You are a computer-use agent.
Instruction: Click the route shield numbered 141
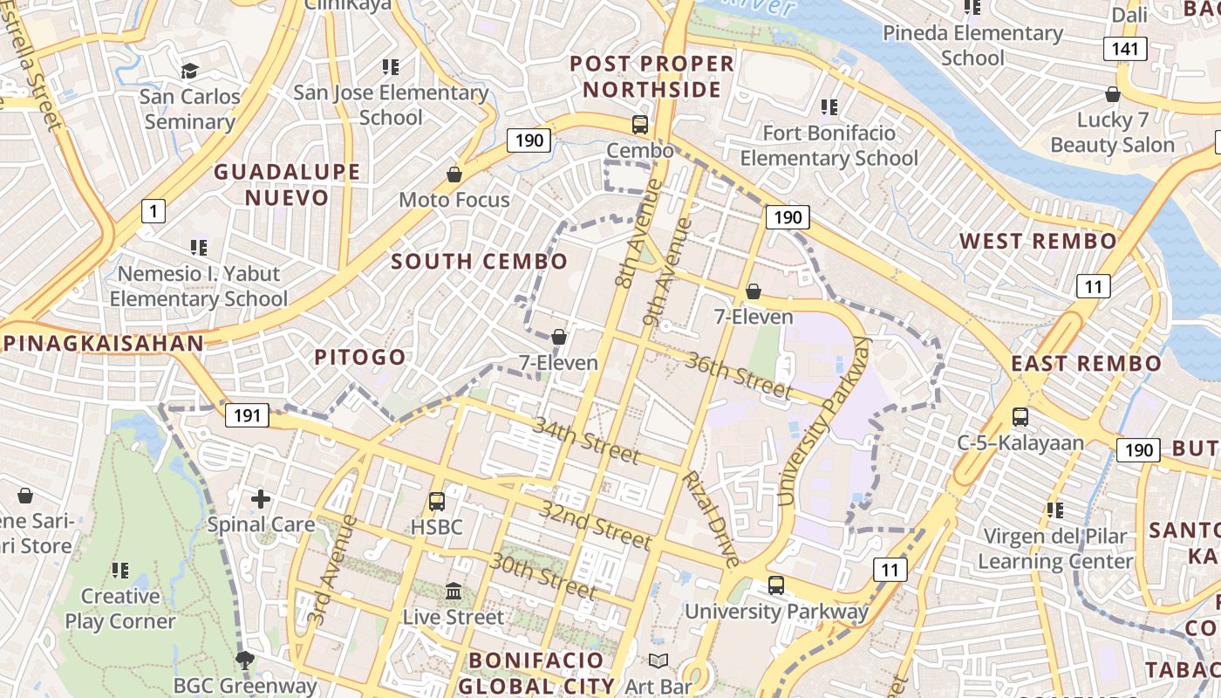(1125, 49)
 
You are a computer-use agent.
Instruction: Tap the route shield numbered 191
(247, 415)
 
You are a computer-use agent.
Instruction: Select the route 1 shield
(153, 210)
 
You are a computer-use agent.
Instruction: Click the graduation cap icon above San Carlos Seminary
(189, 71)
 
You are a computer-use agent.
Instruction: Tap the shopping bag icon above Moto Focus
(454, 174)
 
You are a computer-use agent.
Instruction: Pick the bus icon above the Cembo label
(639, 125)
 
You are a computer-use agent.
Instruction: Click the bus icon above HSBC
(436, 502)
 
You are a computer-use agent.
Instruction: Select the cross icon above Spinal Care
(260, 499)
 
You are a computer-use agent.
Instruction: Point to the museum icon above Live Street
(454, 592)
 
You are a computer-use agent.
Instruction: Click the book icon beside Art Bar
(658, 661)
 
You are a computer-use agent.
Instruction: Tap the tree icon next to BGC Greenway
(243, 660)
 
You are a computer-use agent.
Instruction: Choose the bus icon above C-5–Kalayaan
(1020, 417)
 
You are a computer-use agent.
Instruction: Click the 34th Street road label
(585, 441)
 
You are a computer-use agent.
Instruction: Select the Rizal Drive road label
(710, 518)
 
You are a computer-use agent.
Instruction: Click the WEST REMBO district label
(1038, 242)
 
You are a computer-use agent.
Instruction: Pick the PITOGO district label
(359, 357)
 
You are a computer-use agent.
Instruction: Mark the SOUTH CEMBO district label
(479, 261)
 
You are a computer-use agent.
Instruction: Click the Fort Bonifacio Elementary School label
(829, 146)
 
